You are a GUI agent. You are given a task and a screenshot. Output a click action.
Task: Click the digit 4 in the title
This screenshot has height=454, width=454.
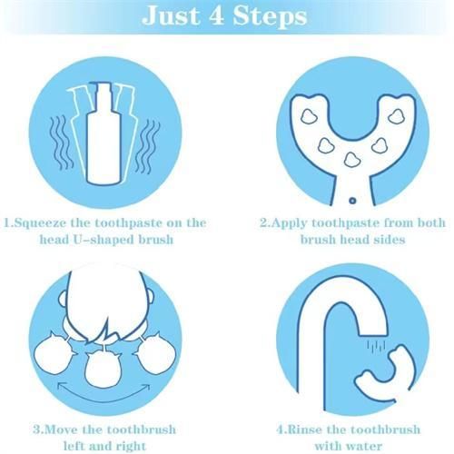point(217,15)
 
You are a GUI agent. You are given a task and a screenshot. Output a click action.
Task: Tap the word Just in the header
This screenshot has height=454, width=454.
point(171,15)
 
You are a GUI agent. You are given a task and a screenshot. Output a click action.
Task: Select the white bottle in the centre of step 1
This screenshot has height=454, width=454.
point(103,133)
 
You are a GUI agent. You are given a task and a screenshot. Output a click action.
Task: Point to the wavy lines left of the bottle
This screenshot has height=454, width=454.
point(61,143)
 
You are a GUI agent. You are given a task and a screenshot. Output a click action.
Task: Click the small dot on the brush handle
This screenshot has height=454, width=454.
point(352,201)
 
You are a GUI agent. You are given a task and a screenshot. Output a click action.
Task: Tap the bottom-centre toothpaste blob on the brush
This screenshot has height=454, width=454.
point(352,160)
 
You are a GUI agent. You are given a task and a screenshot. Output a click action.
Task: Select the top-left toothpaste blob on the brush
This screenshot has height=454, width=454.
point(309,115)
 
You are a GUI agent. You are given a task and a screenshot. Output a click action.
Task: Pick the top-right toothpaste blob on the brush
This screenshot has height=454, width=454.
point(397,116)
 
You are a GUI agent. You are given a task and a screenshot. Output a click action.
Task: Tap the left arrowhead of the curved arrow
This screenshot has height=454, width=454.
point(62,387)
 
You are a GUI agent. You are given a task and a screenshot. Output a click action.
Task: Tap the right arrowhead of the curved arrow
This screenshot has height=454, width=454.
point(146,388)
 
